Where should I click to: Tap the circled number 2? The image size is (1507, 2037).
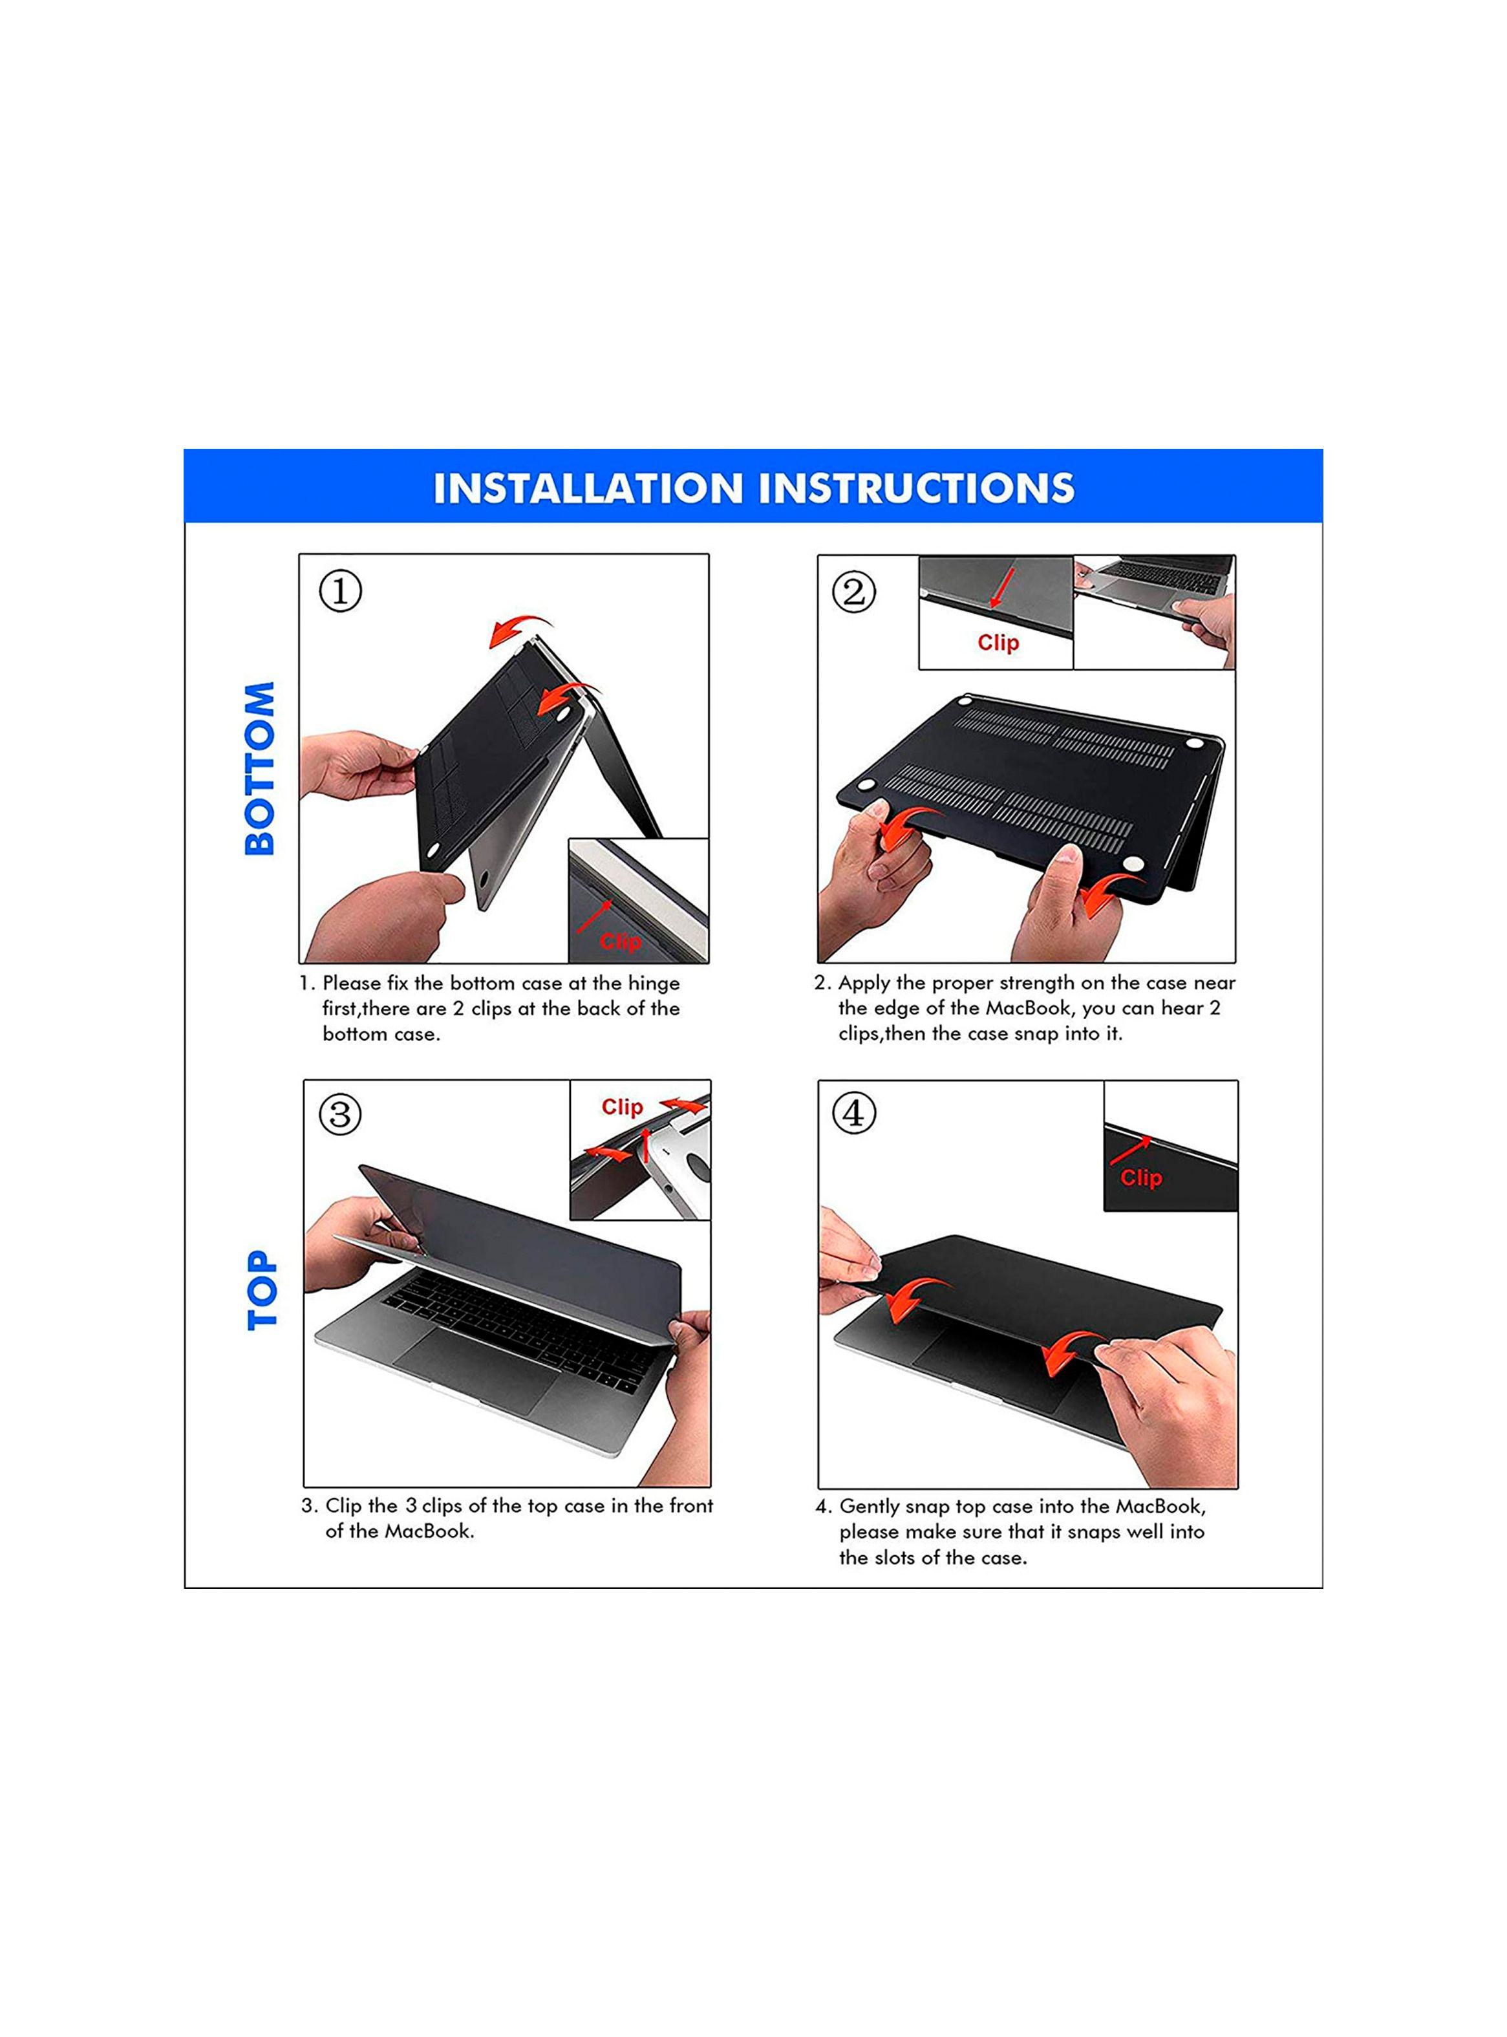(x=854, y=592)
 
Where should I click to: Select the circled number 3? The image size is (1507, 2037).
(x=340, y=1114)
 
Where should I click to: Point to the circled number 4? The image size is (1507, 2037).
(x=854, y=1113)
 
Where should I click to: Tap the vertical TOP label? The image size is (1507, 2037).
(x=262, y=1290)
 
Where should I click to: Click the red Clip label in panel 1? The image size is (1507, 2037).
(x=620, y=942)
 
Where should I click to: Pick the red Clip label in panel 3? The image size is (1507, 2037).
(x=622, y=1106)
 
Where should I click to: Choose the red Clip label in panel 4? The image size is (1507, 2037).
(x=1141, y=1178)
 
